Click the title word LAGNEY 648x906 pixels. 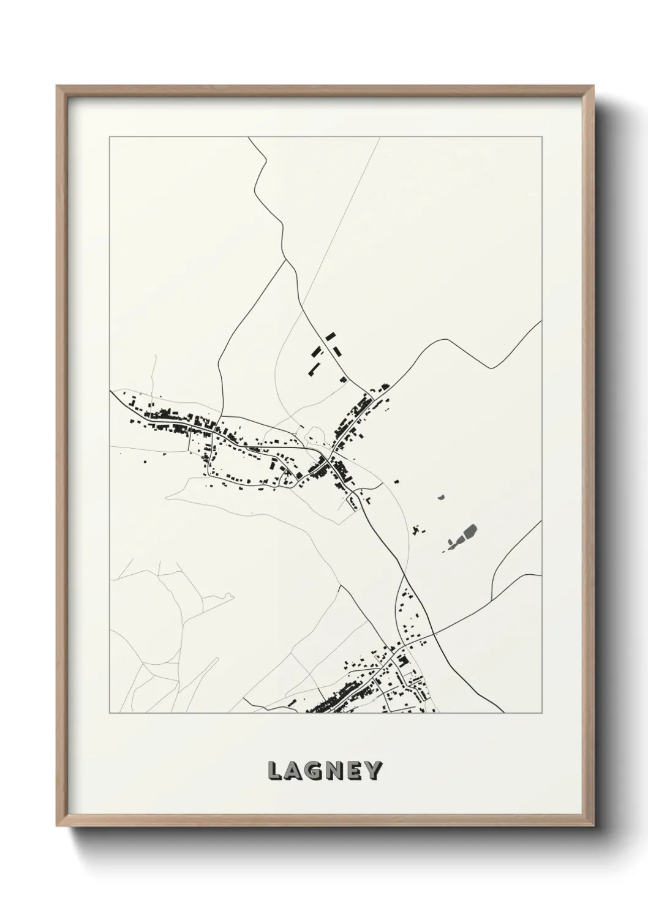325,771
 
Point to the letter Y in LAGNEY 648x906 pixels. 373,771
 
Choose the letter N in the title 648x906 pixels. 334,771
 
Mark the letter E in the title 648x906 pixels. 354,771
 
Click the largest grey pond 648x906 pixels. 470,533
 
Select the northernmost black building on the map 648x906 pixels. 331,336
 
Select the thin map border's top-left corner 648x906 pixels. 110,137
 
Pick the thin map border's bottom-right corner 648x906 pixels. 541,713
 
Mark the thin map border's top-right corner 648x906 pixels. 541,137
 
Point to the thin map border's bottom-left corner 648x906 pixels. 110,713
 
